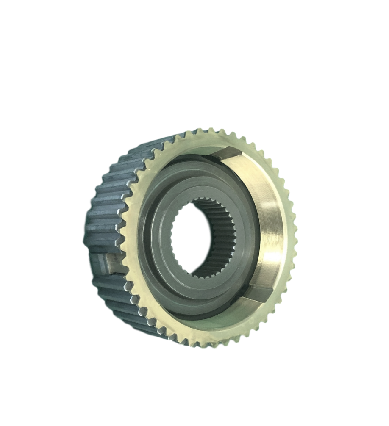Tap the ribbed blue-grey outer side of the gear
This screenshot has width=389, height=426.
106,199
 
